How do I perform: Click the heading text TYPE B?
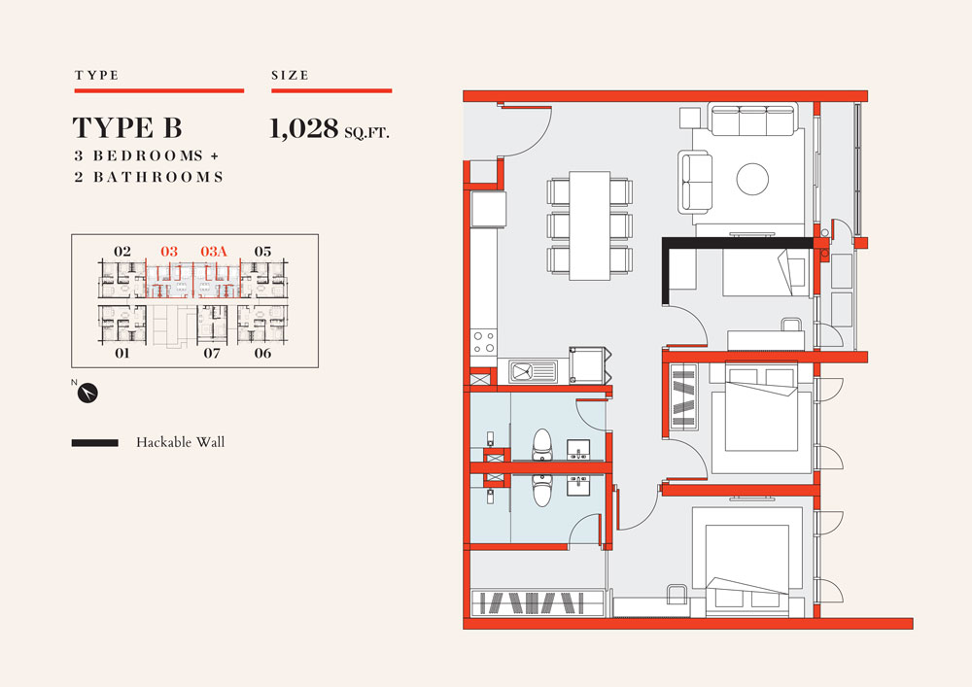[127, 127]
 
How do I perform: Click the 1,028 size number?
[303, 128]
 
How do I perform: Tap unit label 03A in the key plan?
[214, 252]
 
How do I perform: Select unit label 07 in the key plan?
[212, 353]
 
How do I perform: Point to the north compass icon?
[87, 393]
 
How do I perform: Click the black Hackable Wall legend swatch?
[95, 443]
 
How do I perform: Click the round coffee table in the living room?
[752, 179]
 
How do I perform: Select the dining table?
[590, 225]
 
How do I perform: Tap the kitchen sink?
[533, 372]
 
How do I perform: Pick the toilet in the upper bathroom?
[541, 445]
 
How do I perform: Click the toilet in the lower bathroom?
[541, 491]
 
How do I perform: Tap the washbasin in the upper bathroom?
[578, 450]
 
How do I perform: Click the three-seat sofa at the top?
[752, 120]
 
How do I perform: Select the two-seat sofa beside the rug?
[695, 182]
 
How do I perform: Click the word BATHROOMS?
[158, 177]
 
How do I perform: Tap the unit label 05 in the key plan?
[262, 252]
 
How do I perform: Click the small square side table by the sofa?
[690, 118]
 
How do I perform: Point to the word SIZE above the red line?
[290, 76]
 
